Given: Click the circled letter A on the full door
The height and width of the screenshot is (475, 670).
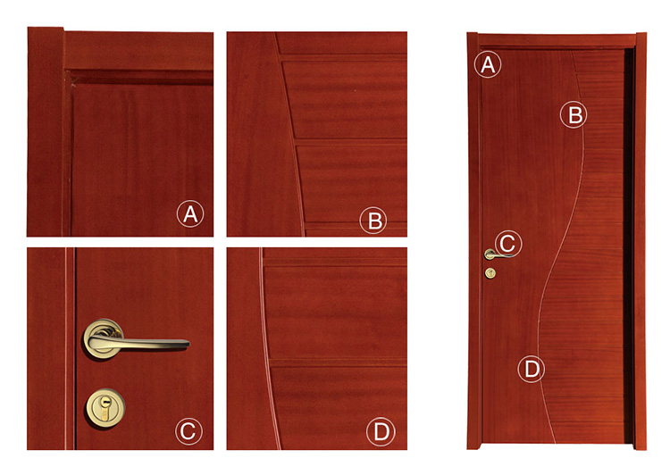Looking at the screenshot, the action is coord(488,64).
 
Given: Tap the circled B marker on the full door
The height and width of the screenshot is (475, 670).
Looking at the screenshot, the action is coord(574,114).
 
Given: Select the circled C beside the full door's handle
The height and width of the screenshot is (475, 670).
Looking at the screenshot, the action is coord(508,244).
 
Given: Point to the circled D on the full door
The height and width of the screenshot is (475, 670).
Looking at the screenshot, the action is coord(532,369).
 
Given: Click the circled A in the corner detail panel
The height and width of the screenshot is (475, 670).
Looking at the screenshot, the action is coord(190,213).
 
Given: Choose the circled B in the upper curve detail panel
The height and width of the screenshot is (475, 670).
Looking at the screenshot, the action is coord(373,221).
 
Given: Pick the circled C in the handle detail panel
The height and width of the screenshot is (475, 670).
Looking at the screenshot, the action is coord(188,431).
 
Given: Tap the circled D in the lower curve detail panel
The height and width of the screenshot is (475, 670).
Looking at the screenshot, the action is coord(381,431).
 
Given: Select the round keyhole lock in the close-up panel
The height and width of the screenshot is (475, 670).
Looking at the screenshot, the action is coord(105,407).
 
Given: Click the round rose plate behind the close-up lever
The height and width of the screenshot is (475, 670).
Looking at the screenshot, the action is coord(103,337).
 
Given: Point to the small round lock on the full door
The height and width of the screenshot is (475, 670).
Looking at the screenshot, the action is coord(490,273).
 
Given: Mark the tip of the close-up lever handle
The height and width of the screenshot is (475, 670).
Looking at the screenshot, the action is coord(188,343).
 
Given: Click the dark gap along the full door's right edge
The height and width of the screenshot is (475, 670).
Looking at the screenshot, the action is coord(629,246).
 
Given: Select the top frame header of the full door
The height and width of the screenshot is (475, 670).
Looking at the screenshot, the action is coord(557,40).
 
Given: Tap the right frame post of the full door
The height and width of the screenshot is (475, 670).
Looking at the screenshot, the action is coord(641,241).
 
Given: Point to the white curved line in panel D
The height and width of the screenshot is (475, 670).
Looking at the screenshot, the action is coord(267,348).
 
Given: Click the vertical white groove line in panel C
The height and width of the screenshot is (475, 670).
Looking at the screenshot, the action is coord(66,348).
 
